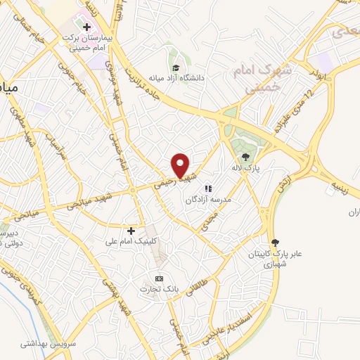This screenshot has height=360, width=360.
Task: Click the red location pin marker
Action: point(180,165)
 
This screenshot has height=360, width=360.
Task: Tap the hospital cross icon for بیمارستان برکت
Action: point(86,27)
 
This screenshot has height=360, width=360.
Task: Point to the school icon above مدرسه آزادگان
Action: point(208,188)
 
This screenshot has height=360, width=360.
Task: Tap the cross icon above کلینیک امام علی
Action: point(131,231)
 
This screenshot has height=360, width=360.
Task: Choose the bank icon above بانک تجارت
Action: point(159,278)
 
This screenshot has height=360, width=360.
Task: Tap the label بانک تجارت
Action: point(155,290)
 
